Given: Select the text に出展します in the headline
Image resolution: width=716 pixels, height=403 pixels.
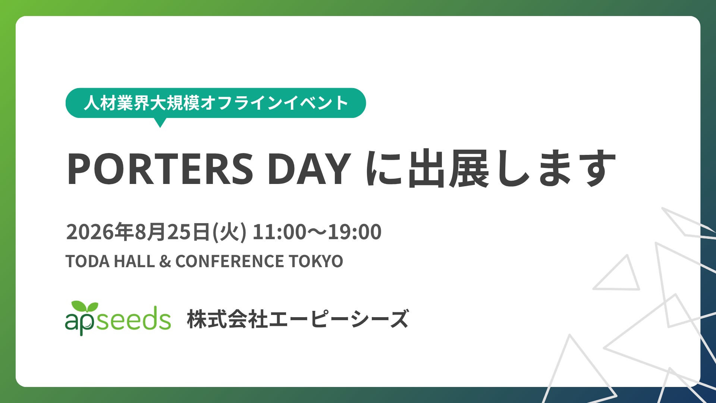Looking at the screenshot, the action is tap(490, 169).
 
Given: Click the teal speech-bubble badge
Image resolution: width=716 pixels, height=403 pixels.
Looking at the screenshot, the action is tap(216, 103).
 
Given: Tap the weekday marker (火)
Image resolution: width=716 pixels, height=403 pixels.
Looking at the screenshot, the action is tap(229, 232).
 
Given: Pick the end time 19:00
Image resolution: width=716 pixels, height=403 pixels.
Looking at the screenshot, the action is tap(355, 232).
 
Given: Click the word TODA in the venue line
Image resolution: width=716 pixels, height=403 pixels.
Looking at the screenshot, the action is tap(88, 261).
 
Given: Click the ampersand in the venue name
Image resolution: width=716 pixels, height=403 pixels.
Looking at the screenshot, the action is tap(165, 261).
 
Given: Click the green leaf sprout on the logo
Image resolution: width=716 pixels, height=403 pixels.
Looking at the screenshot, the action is tap(85, 307).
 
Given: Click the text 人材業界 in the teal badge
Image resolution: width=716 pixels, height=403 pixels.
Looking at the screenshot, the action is tap(116, 103).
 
